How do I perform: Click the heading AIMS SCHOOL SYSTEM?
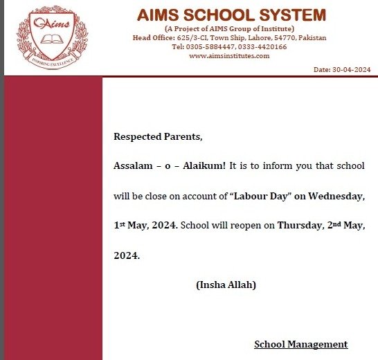pyautogui.click(x=231, y=15)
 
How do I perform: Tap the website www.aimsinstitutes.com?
pyautogui.click(x=229, y=55)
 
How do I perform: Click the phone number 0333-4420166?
pyautogui.click(x=262, y=46)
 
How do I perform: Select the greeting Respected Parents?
pyautogui.click(x=158, y=136)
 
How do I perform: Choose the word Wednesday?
pyautogui.click(x=336, y=196)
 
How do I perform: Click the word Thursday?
pyautogui.click(x=300, y=226)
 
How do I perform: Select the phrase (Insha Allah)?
pyautogui.click(x=226, y=285)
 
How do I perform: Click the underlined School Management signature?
pyautogui.click(x=300, y=344)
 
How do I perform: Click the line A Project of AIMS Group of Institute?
pyautogui.click(x=229, y=28)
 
